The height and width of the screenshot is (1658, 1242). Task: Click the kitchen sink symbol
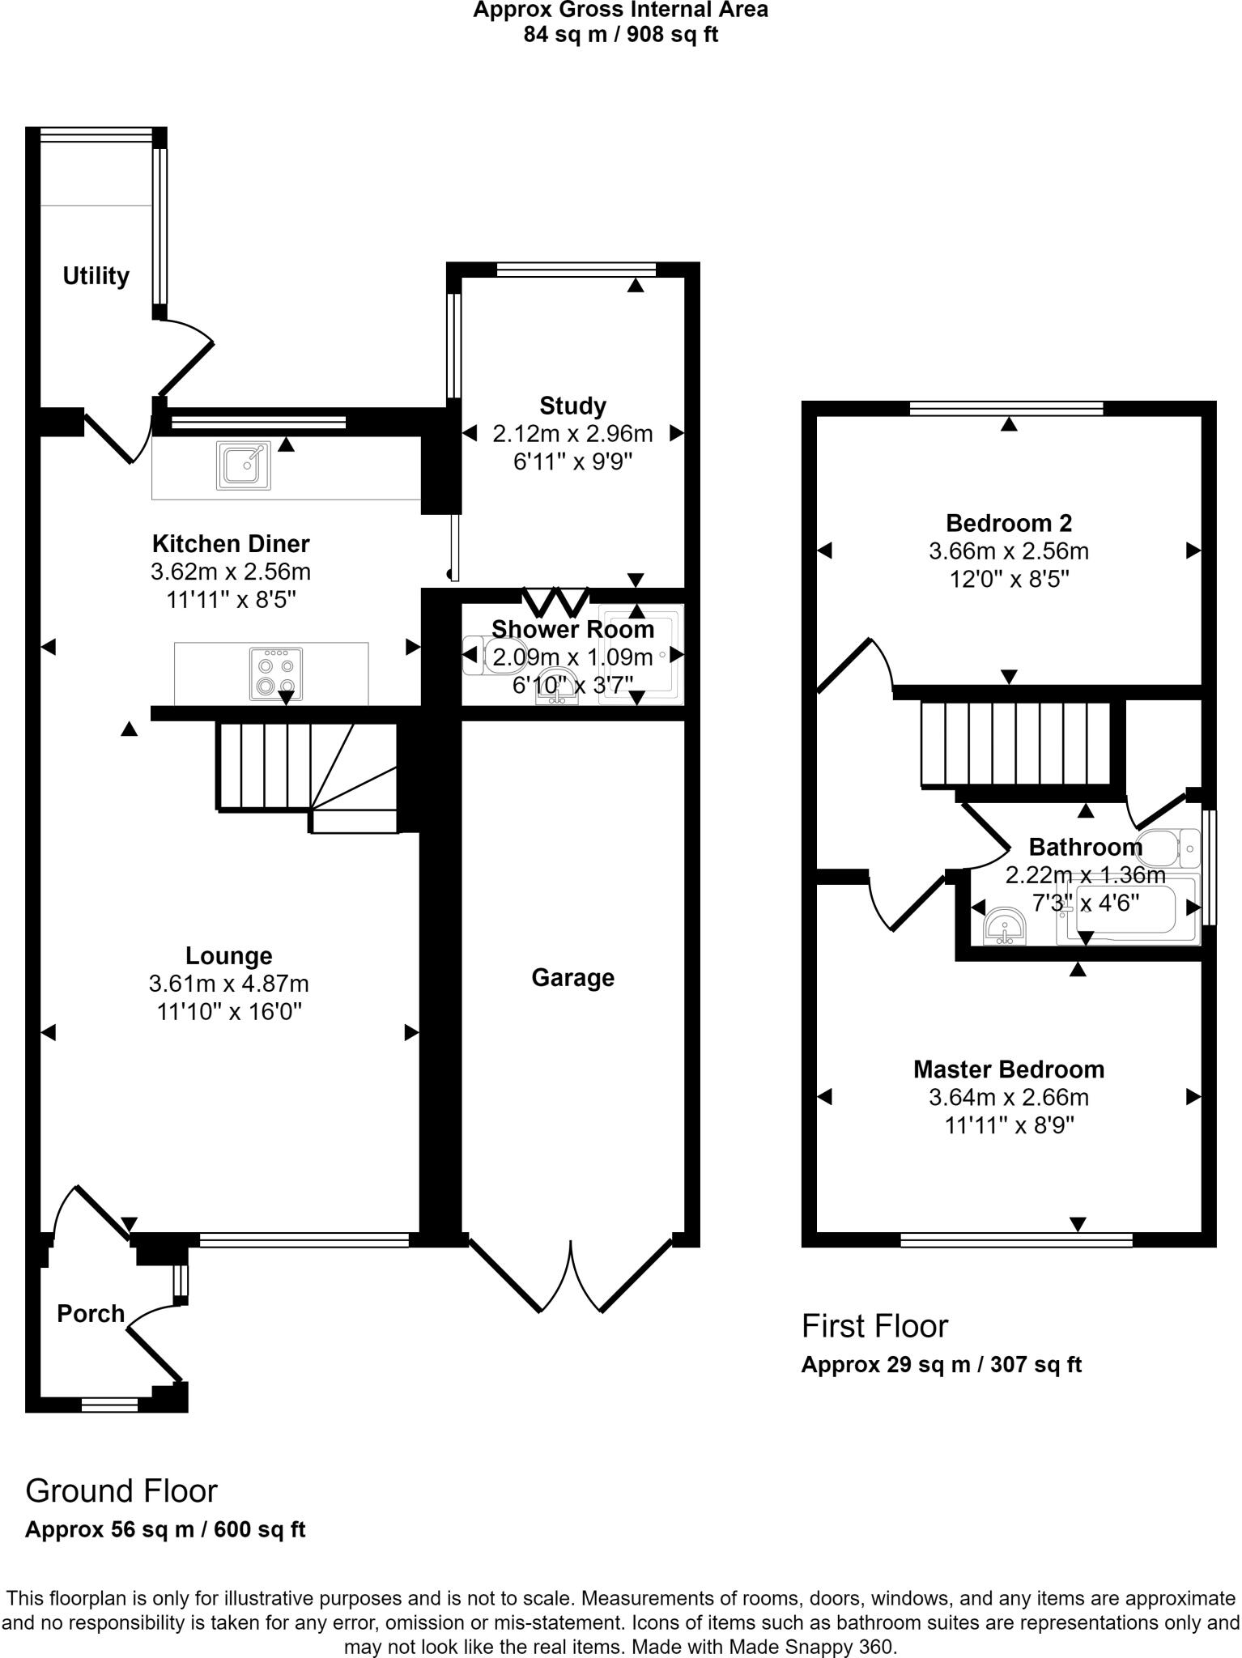pyautogui.click(x=244, y=466)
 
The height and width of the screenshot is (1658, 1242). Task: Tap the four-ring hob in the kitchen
pyautogui.click(x=276, y=674)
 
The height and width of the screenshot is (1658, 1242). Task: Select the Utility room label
pyautogui.click(x=96, y=276)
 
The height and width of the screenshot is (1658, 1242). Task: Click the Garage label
pyautogui.click(x=572, y=978)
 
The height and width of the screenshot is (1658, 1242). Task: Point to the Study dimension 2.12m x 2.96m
pyautogui.click(x=572, y=434)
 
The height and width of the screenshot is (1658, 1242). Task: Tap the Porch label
pyautogui.click(x=91, y=1313)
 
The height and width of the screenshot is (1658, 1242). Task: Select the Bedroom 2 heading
pyautogui.click(x=1009, y=522)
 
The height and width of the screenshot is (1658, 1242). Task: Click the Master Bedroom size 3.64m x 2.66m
pyautogui.click(x=1009, y=1098)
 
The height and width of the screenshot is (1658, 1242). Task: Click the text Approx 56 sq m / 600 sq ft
pyautogui.click(x=165, y=1530)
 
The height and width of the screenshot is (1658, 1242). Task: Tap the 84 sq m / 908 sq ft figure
pyautogui.click(x=620, y=35)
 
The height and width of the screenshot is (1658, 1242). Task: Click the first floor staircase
pyautogui.click(x=1015, y=743)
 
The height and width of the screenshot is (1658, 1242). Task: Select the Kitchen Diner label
pyautogui.click(x=231, y=543)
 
